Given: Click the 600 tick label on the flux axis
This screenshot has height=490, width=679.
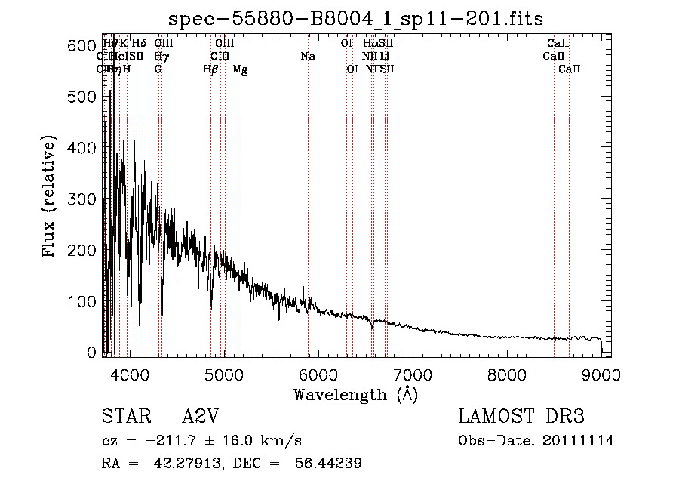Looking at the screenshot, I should pos(79,46).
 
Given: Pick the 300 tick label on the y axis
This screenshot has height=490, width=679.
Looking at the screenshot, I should pos(79,199).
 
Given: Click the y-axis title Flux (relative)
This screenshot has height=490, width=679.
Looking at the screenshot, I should pos(51,199).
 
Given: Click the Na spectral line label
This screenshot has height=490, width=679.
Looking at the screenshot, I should pos(307,57).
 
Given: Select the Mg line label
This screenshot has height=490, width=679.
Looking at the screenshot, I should pos(240,69).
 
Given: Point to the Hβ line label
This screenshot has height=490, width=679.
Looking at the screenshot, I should pos(211,69).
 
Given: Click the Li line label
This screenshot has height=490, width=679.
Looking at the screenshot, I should pos(385,57).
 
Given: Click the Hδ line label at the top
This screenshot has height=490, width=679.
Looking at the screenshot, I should pos(139,44).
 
